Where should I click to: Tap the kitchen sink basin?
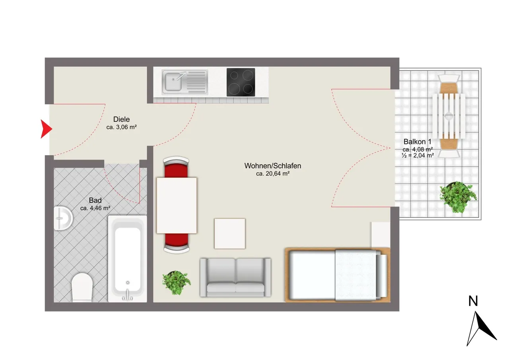(x=173, y=81)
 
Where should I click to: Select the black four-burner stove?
(x=241, y=82)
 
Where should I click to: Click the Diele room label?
(x=122, y=119)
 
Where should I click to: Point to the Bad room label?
(x=95, y=200)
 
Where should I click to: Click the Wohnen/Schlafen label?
(x=273, y=166)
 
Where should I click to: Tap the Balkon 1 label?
(x=418, y=142)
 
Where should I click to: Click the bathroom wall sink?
(x=63, y=218)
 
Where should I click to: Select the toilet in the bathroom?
(x=82, y=288)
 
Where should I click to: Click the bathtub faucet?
(x=128, y=295)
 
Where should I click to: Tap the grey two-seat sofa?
(x=235, y=277)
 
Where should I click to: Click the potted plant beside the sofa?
(x=177, y=282)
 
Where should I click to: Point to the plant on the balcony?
(x=458, y=197)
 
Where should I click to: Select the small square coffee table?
(x=230, y=234)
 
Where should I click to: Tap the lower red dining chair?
(x=177, y=243)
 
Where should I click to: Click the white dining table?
(x=177, y=205)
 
